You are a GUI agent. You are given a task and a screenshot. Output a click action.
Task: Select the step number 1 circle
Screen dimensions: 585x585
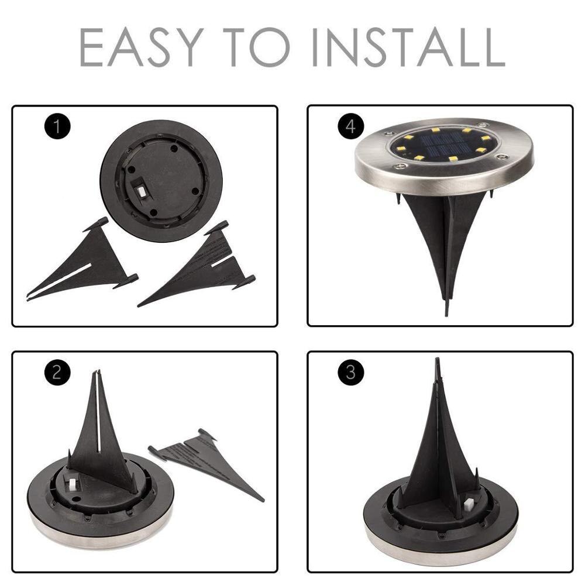(x=56, y=126)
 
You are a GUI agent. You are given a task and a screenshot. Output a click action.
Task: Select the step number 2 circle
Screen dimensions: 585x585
(x=56, y=373)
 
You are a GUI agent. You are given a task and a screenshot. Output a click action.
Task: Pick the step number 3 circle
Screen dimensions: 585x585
(x=350, y=373)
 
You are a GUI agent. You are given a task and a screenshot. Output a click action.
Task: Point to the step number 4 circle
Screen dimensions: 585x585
(x=350, y=126)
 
